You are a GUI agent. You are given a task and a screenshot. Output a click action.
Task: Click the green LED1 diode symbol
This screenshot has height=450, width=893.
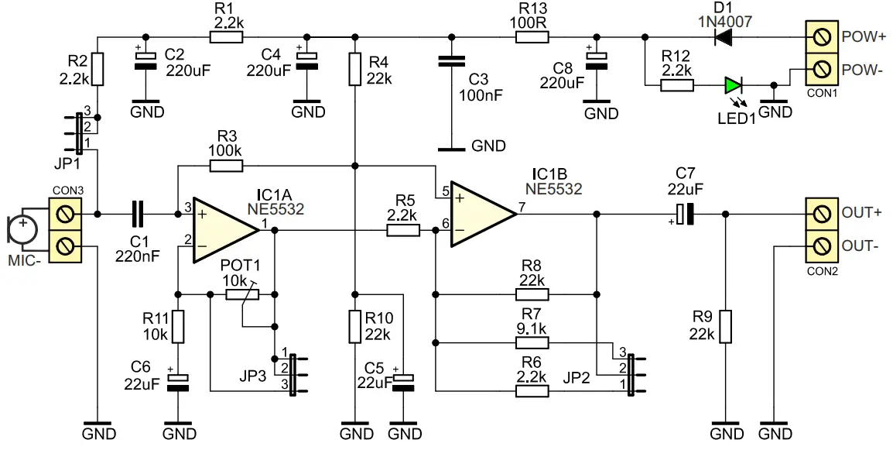coord(733,85)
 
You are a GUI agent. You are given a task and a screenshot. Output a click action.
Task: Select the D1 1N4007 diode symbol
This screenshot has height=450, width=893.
coord(724,36)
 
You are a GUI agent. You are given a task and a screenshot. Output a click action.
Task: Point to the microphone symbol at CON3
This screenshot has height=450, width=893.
coord(22,228)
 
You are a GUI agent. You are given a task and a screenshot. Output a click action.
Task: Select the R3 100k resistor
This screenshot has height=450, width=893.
coord(226,164)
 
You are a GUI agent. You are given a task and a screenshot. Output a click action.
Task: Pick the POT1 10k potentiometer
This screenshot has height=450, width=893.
coord(242,294)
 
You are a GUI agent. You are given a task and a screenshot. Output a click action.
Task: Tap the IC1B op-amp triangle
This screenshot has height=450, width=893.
coord(481,214)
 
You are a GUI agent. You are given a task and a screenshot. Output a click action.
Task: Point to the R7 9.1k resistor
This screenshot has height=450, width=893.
coord(532,343)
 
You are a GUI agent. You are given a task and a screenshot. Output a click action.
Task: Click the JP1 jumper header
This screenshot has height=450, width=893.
coord(79,132)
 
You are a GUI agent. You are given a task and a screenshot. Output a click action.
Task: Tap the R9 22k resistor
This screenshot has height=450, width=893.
coord(725,326)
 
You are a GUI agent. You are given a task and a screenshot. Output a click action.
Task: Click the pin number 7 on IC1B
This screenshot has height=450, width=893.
coord(522,207)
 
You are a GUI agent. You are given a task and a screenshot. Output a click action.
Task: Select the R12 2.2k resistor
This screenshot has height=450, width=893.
coord(677,85)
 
